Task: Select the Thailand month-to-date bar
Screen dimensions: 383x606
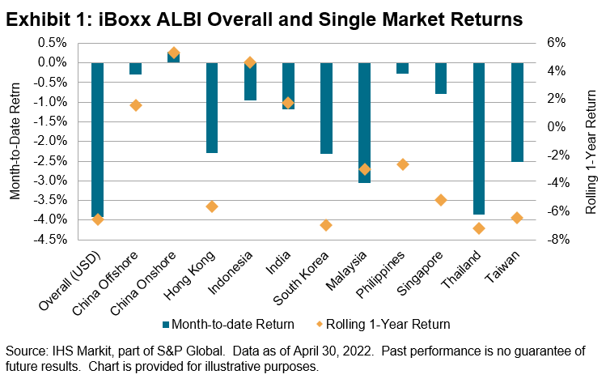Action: [479, 138]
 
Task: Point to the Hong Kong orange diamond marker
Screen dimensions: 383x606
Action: [212, 206]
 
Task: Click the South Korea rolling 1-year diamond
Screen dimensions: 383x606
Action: [326, 225]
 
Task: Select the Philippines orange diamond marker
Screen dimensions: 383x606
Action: [403, 164]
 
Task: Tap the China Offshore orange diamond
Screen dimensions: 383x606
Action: [136, 105]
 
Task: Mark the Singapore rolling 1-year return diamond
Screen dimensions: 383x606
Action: [441, 200]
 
